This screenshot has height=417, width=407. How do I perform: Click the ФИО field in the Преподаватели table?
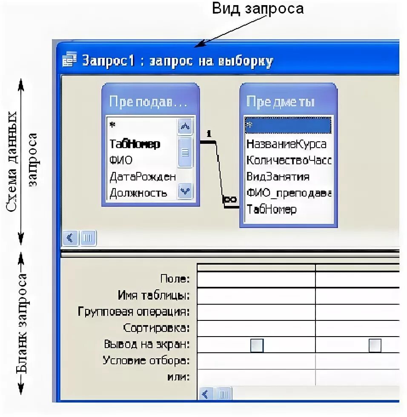tap(121, 160)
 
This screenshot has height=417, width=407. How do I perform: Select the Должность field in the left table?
tap(138, 193)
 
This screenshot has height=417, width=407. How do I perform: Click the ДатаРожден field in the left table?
tap(142, 177)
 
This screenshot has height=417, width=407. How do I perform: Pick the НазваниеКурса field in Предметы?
tap(286, 144)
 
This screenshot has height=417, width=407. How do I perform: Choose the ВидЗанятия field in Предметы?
tap(278, 177)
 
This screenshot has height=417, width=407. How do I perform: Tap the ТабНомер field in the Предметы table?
tap(271, 209)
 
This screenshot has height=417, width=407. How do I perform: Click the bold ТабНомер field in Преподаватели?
tap(135, 144)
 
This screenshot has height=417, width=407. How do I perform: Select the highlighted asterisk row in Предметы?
tap(288, 126)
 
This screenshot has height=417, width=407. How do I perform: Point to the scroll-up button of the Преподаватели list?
tap(185, 126)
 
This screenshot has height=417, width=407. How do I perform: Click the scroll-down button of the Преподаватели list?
tap(185, 191)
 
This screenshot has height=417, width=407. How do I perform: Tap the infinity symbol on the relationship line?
tap(230, 199)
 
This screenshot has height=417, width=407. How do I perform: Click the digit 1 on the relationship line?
tap(209, 134)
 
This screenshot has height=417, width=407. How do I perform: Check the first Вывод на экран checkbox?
tap(257, 345)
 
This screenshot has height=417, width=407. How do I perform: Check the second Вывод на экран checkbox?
tap(375, 345)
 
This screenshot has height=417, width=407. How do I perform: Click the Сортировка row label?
tap(156, 328)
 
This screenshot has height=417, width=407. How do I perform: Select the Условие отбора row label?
tap(146, 361)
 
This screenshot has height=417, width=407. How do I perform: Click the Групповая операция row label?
tap(134, 312)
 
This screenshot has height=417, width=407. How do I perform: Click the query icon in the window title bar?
tap(70, 61)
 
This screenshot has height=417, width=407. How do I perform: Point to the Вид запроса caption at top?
tap(259, 8)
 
